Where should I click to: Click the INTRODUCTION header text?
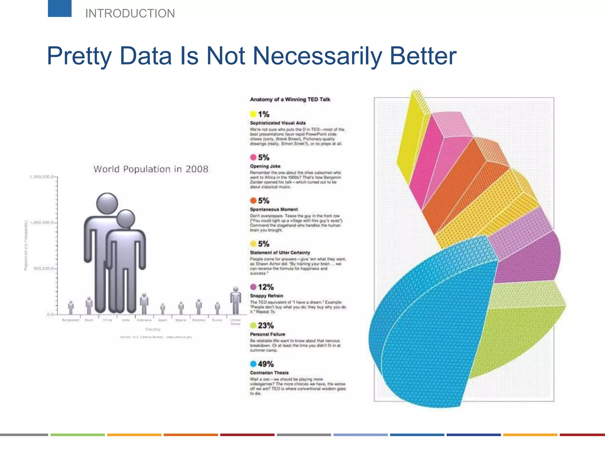(130, 14)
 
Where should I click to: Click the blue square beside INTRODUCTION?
(60, 8)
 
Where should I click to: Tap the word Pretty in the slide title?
(79, 56)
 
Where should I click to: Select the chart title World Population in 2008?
(151, 169)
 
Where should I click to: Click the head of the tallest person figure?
(107, 203)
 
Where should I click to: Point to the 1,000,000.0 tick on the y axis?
(42, 223)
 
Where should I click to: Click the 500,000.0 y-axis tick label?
(43, 269)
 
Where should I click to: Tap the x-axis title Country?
(153, 329)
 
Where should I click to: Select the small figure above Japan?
(163, 309)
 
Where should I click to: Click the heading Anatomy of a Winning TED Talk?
(290, 99)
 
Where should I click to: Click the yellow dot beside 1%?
(253, 114)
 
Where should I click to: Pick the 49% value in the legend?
(266, 364)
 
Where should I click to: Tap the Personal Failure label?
(267, 334)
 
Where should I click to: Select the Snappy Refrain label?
(266, 296)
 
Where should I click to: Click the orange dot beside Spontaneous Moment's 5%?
(253, 201)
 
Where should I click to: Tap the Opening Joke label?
(265, 166)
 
